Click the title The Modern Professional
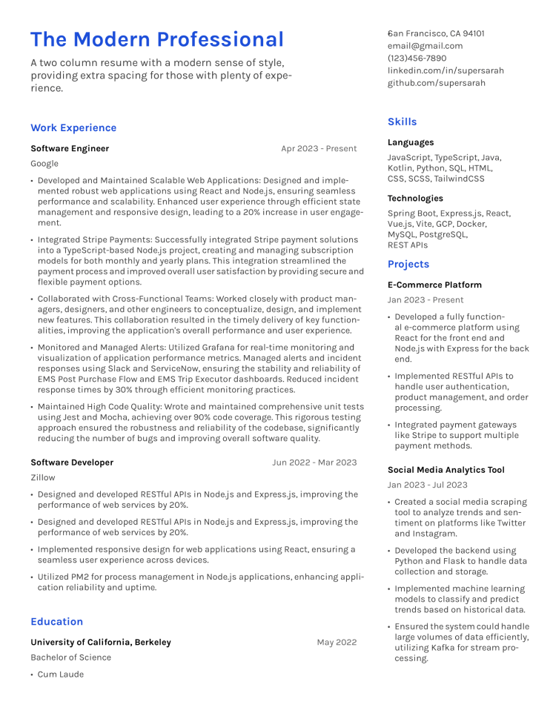(x=157, y=40)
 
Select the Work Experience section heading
(x=73, y=128)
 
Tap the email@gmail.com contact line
(x=425, y=46)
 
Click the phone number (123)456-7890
(x=417, y=59)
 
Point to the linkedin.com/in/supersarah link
(x=446, y=71)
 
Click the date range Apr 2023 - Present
(x=319, y=149)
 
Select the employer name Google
(x=44, y=164)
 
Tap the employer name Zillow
(x=43, y=478)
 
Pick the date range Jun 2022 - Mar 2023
(x=314, y=463)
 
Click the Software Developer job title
(x=72, y=463)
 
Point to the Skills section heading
(x=402, y=122)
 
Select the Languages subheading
(x=411, y=142)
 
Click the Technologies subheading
(x=415, y=199)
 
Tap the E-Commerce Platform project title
(x=434, y=285)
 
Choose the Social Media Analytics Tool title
(x=446, y=470)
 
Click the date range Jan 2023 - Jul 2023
(x=427, y=485)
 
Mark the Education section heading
(x=57, y=622)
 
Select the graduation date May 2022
(x=337, y=643)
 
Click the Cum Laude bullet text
(x=61, y=674)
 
